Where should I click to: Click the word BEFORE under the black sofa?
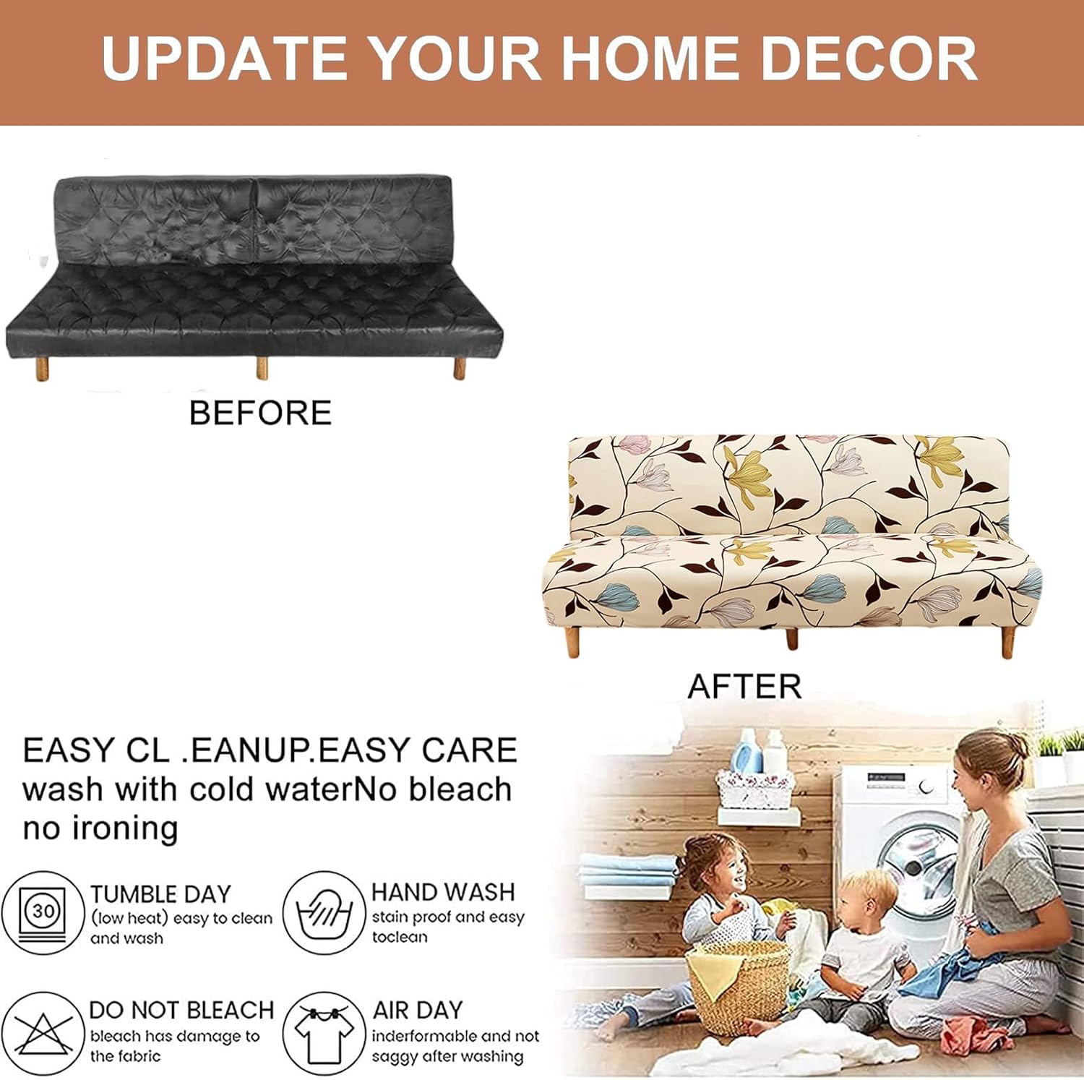pos(260,413)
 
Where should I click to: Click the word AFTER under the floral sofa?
pos(744,686)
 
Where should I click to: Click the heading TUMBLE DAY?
pos(160,894)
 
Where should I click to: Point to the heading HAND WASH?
pos(443,892)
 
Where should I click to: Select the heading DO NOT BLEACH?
pos(181,1010)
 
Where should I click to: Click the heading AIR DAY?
pos(417,1010)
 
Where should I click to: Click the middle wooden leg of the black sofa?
pos(262,368)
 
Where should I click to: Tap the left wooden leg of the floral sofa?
pos(573,643)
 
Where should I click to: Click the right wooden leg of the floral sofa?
pos(1007,643)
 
